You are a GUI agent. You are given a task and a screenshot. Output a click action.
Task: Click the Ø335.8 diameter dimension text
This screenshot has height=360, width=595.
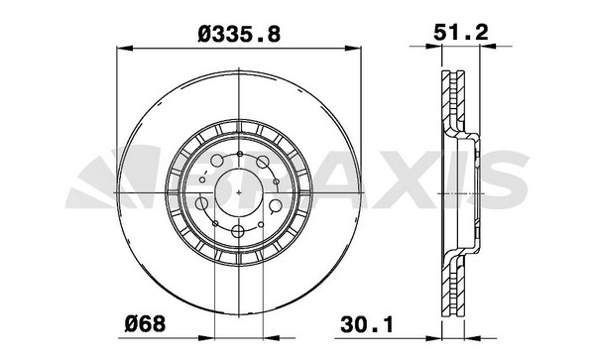coord(239,34)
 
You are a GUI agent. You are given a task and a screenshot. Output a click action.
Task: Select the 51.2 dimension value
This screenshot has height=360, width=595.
coord(461,32)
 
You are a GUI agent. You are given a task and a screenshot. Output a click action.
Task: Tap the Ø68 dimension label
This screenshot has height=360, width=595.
coord(146,324)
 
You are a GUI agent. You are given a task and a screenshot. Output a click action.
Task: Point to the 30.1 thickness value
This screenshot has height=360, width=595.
coord(367,324)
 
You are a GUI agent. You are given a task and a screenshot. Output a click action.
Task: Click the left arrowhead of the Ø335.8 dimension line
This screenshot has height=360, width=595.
coord(124,49)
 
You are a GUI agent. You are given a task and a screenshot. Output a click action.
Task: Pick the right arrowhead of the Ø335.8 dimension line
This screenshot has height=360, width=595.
coord(353,49)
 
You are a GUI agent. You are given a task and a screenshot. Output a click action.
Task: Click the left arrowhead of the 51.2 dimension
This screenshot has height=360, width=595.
coord(434,47)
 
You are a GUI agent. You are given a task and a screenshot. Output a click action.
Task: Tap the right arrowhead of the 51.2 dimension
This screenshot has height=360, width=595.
coord(488,47)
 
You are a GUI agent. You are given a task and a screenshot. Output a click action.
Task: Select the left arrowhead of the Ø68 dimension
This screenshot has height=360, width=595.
coord(206,337)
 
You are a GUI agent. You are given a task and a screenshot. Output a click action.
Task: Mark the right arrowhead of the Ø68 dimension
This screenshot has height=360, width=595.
coord(271,337)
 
